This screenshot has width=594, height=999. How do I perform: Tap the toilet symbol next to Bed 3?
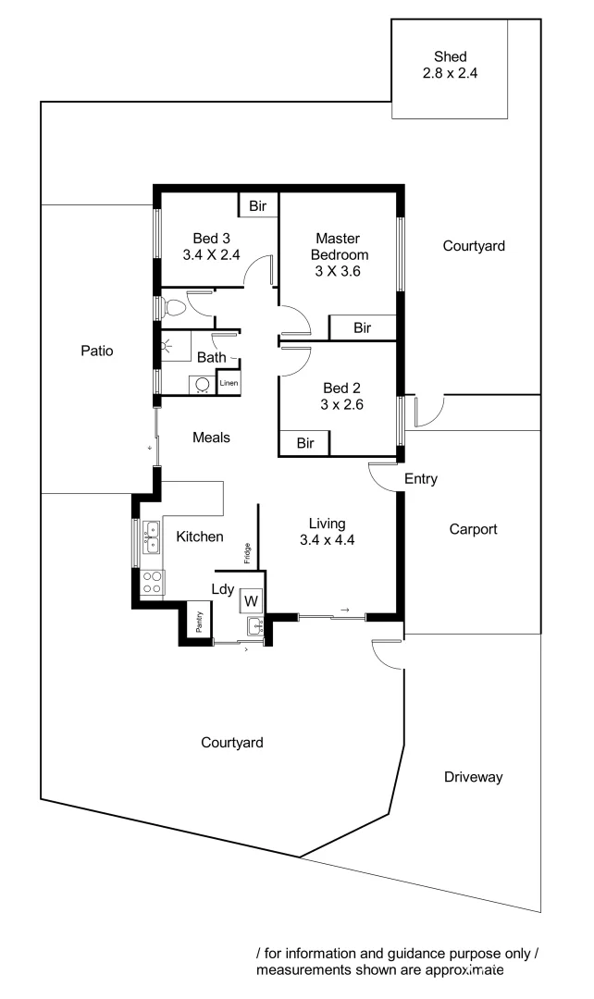173,307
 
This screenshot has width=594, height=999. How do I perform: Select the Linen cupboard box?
229,383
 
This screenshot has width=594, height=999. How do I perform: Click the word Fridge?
247,553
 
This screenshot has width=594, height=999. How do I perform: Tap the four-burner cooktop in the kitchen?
151,583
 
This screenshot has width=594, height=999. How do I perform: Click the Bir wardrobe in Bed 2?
305,444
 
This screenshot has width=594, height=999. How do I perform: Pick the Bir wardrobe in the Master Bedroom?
362,328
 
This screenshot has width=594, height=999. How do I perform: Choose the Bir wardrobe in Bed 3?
258,204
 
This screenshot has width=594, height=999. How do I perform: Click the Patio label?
96,351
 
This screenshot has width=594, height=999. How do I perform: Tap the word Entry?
421,479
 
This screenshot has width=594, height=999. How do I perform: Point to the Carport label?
473,530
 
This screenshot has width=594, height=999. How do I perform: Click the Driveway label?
473,777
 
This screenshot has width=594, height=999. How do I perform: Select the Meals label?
211,438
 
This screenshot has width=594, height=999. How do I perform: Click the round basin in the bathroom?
202,383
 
